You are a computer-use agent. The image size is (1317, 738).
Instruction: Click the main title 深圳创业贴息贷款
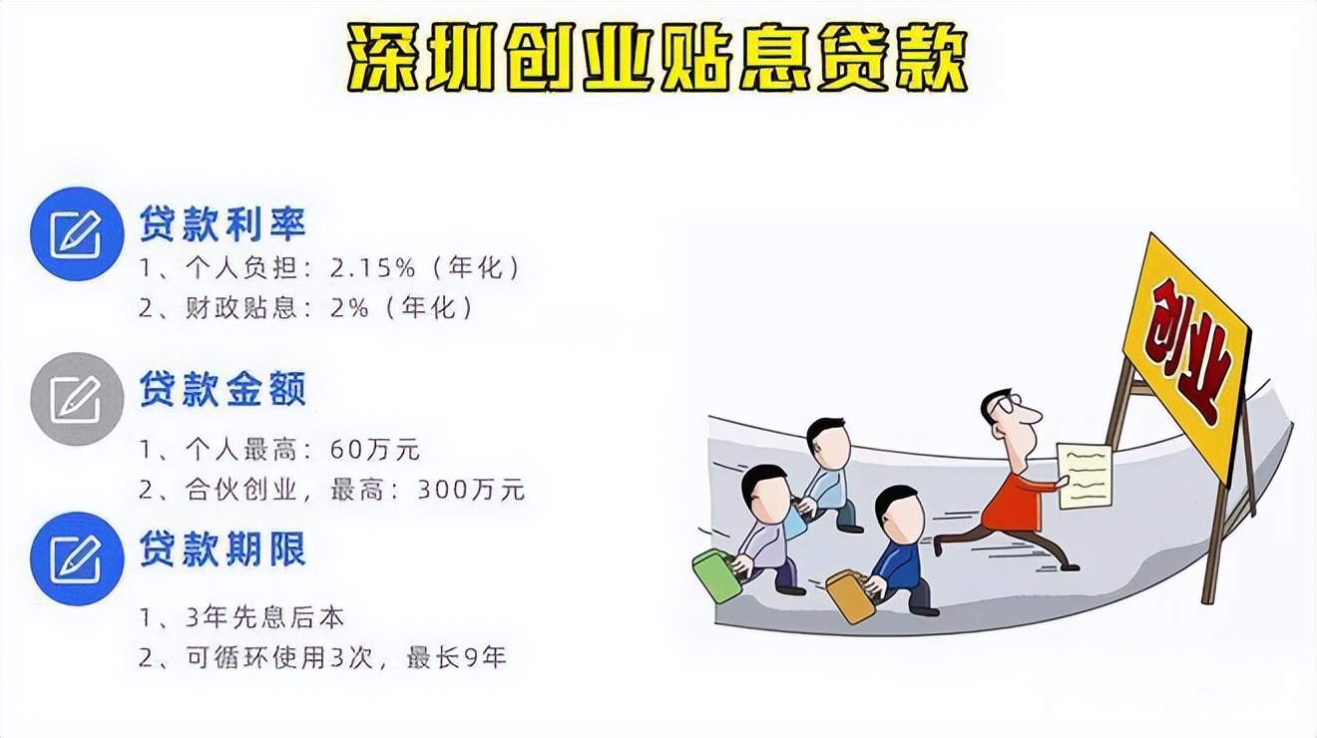point(658,59)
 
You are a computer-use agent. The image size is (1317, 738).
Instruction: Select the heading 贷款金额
point(222,389)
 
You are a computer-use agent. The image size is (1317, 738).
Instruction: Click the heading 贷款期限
point(222,551)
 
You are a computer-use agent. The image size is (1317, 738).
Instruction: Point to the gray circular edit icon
point(77,398)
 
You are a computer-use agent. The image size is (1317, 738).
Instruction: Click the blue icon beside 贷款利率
point(77,233)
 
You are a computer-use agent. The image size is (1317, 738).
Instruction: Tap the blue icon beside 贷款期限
point(77,558)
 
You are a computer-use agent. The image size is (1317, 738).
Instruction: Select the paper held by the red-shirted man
point(1085,475)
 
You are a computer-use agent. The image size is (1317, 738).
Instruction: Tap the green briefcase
point(717,575)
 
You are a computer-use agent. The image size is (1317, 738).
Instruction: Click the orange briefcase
point(850,595)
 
